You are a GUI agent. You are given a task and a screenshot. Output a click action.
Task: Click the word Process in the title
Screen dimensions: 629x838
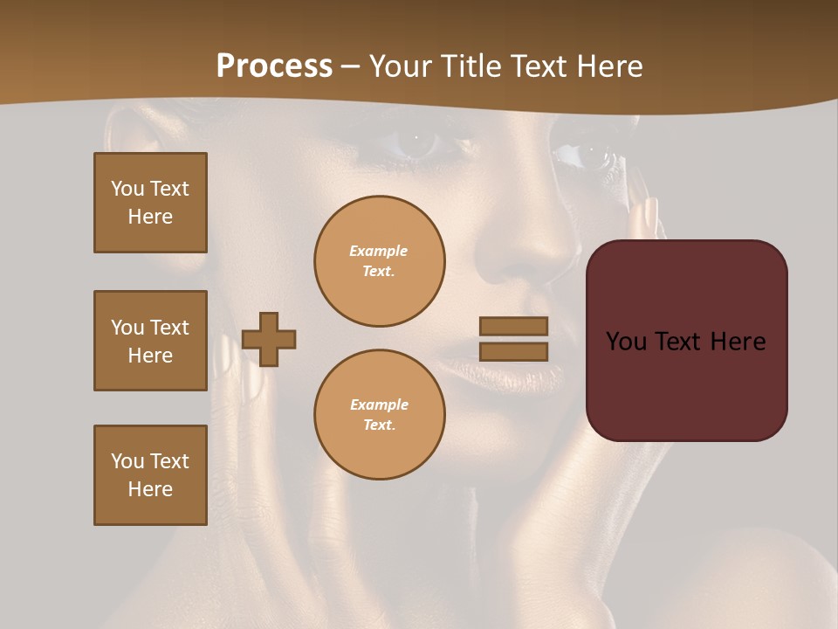(274, 66)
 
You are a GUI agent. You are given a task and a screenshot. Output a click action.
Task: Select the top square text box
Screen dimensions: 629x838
(150, 203)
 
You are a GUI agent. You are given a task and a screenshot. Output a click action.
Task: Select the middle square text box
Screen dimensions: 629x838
(150, 341)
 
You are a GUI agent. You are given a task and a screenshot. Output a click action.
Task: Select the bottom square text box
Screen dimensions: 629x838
(150, 475)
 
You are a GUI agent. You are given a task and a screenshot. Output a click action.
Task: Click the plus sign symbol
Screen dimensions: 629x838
(269, 339)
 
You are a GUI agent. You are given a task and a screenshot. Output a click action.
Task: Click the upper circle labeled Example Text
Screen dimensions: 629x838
(379, 261)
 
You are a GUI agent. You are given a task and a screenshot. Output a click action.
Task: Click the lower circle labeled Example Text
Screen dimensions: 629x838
(379, 414)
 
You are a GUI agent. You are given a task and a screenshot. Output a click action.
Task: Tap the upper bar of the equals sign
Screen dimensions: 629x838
(513, 326)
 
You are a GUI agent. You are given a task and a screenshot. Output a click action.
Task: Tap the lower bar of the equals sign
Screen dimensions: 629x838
(513, 352)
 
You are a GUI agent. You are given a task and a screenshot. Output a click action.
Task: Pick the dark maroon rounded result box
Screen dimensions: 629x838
(686, 384)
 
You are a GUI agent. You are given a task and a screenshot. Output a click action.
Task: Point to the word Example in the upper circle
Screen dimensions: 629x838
(378, 251)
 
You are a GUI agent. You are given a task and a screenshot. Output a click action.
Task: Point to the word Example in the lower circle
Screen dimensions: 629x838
(379, 404)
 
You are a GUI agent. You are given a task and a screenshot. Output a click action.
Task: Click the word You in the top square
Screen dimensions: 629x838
(127, 189)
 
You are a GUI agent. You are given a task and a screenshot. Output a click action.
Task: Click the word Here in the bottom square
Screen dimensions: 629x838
(150, 489)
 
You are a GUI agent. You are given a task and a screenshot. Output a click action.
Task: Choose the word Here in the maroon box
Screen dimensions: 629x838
(738, 342)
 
